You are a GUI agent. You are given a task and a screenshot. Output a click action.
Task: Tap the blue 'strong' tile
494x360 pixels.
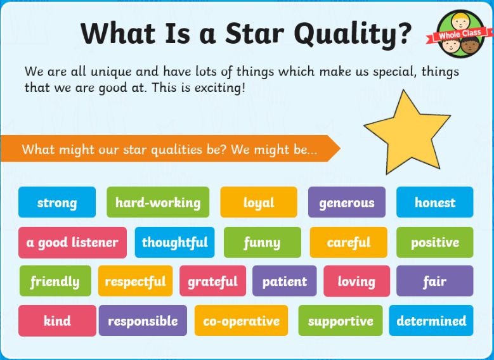[x=57, y=202]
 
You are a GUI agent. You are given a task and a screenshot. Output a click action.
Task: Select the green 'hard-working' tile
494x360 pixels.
[x=158, y=202]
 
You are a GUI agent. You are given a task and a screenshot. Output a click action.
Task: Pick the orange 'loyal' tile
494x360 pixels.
[x=259, y=202]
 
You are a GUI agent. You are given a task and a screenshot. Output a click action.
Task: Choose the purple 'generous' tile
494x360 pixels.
[x=346, y=202]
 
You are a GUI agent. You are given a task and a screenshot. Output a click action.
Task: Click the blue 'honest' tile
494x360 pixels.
[x=435, y=202]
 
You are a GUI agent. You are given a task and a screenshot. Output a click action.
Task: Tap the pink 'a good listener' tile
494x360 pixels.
[x=72, y=243]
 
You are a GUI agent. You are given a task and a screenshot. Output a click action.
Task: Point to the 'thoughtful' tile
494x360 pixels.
[x=174, y=243]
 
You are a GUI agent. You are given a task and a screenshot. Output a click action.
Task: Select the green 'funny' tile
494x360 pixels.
[x=263, y=243]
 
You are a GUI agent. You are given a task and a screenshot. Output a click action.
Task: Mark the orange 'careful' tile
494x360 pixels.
[x=348, y=243]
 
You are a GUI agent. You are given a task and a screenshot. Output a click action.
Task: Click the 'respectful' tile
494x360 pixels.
[x=136, y=281]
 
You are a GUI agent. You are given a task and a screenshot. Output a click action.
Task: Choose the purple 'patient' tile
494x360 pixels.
[x=285, y=281]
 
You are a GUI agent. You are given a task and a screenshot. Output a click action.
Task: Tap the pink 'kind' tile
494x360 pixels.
[x=57, y=321]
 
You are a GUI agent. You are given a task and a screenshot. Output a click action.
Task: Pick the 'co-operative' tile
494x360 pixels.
[x=242, y=321]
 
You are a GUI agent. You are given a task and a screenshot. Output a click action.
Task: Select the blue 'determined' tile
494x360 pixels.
[x=431, y=321]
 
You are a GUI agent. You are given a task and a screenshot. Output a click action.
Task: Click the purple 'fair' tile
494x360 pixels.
[x=435, y=281]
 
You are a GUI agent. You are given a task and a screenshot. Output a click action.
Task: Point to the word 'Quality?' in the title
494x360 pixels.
[x=353, y=34]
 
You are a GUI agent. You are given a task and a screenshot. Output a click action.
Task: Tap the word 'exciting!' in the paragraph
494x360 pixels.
[x=219, y=87]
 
